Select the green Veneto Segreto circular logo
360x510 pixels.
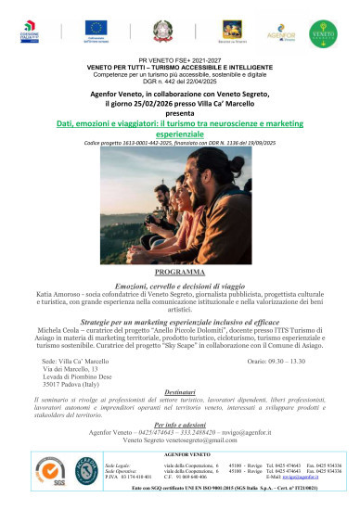coord(324,31)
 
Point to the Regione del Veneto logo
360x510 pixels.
coord(226,31)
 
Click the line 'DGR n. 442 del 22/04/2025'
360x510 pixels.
coord(179,78)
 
